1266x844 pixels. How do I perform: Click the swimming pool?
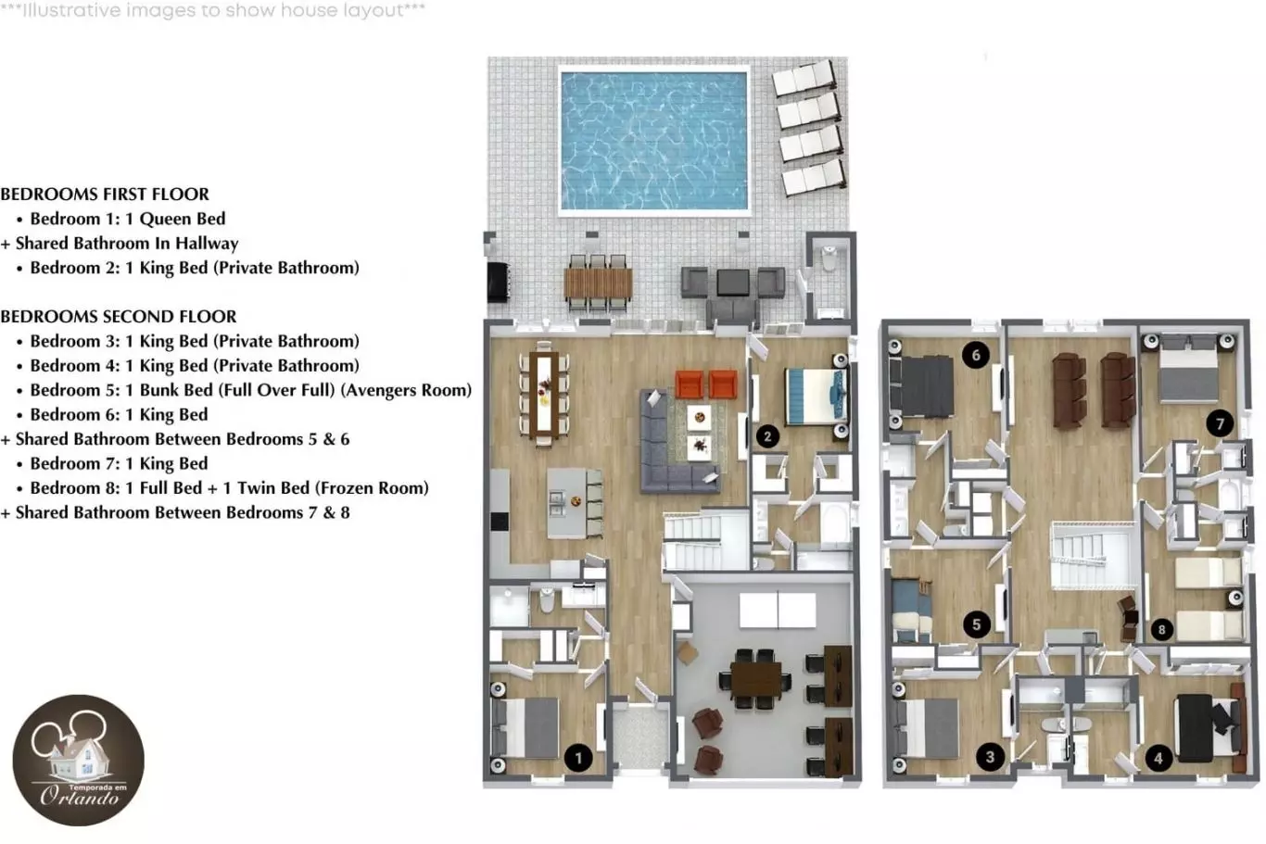pos(654,141)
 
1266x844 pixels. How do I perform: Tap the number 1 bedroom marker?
pos(578,758)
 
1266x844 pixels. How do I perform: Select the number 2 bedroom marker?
pos(767,436)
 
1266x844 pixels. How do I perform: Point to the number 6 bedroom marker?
pos(976,356)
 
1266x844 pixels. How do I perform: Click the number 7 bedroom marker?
pos(1220,423)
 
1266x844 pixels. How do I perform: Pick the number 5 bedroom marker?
pos(976,624)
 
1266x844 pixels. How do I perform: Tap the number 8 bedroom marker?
pos(1161,629)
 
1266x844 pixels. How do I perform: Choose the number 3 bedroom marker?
pos(990,757)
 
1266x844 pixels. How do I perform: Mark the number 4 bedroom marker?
pos(1158,758)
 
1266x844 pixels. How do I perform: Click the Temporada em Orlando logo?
pos(78,760)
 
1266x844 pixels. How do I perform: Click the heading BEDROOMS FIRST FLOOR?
pos(105,195)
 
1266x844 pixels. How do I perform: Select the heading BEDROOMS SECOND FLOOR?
pos(118,316)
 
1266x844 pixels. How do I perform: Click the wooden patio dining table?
pos(598,283)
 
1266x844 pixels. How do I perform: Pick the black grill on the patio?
pos(499,282)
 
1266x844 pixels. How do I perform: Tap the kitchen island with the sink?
pos(568,503)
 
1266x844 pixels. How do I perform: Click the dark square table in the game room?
pos(755,679)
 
